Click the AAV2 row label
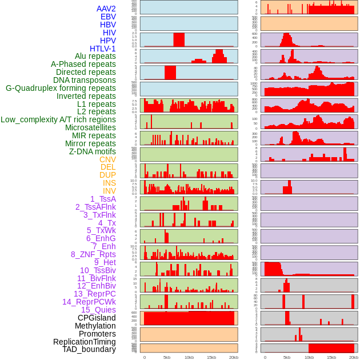(x=106, y=9)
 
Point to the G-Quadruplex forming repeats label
(x=61, y=88)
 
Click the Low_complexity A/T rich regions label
(x=58, y=119)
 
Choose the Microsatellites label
(x=90, y=127)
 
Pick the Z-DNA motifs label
(x=92, y=151)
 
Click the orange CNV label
(x=107, y=159)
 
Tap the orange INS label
(x=109, y=183)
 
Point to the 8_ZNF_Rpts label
(x=93, y=254)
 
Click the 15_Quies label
(x=98, y=310)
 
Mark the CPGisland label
(x=97, y=318)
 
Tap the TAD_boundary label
(x=89, y=349)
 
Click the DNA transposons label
(x=85, y=80)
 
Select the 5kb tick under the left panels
(x=166, y=357)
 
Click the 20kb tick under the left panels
(x=233, y=357)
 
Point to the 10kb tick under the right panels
(x=309, y=357)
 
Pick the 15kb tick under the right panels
(x=331, y=357)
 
